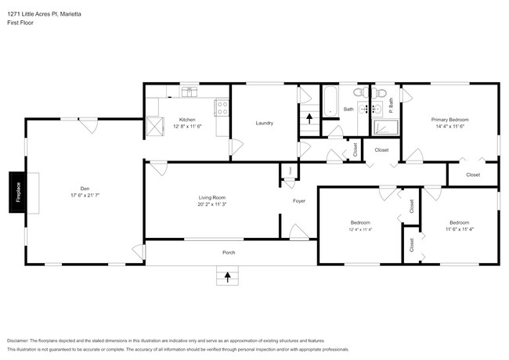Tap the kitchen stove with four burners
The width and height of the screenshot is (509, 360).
pyautogui.click(x=222, y=107)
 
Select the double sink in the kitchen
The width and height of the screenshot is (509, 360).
pyautogui.click(x=189, y=92)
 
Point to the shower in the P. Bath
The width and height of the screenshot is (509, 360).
pyautogui.click(x=386, y=127)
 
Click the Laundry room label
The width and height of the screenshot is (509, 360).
pyautogui.click(x=264, y=123)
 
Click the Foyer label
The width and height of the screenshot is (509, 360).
pyautogui.click(x=299, y=201)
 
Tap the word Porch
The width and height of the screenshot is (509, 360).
pyautogui.click(x=229, y=252)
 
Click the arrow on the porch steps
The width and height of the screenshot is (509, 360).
pyautogui.click(x=228, y=275)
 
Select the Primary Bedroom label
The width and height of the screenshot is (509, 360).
pyautogui.click(x=450, y=120)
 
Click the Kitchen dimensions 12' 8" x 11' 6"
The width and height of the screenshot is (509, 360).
pyautogui.click(x=187, y=126)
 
